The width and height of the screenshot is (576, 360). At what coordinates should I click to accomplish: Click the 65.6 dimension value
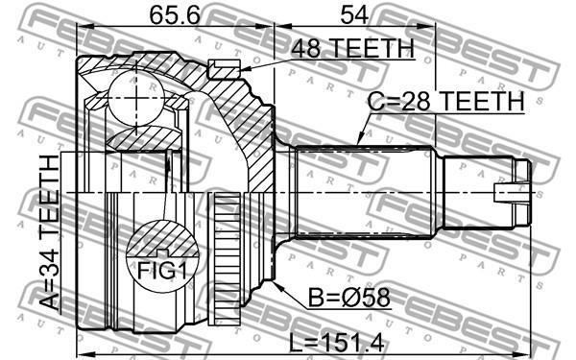coord(175,15)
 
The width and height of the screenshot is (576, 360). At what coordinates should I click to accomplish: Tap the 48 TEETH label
coord(352,48)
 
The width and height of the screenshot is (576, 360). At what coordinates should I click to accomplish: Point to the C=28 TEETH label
coord(446,101)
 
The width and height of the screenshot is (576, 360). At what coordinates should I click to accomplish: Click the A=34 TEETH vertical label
coord(49,232)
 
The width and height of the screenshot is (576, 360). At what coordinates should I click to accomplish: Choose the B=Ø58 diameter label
coord(349,298)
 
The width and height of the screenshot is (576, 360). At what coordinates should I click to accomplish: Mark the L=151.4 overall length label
coord(337,343)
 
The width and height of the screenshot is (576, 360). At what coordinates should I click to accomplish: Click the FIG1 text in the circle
coord(162,271)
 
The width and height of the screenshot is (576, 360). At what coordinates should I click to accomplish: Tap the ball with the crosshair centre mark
coord(136,98)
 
